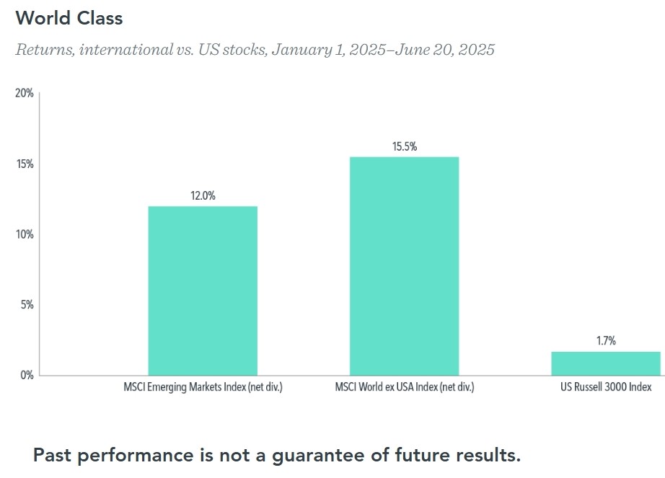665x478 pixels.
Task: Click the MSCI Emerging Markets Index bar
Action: point(203,291)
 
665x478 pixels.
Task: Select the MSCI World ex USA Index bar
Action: point(404,266)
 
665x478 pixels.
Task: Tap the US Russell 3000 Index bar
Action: point(606,363)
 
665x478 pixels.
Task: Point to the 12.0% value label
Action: point(203,195)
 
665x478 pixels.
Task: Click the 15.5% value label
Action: point(404,146)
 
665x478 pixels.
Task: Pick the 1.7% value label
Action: point(606,341)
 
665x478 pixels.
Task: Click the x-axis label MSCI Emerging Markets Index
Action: point(203,388)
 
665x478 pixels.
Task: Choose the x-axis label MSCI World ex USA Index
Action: point(404,388)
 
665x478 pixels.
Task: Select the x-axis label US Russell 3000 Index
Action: point(606,388)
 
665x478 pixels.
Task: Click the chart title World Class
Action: point(69,18)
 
